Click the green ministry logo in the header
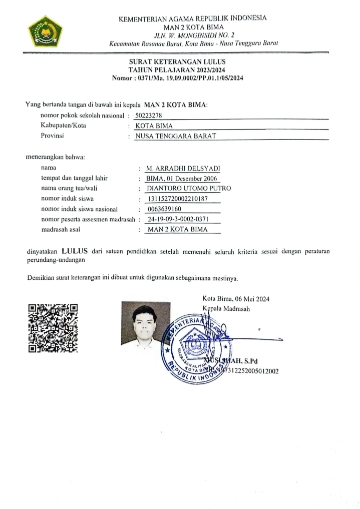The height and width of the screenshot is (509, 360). [x=46, y=31]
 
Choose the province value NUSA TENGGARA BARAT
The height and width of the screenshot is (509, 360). [x=174, y=136]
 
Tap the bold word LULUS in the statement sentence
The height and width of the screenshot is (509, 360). [x=76, y=251]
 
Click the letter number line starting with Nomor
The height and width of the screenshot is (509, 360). [x=178, y=78]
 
